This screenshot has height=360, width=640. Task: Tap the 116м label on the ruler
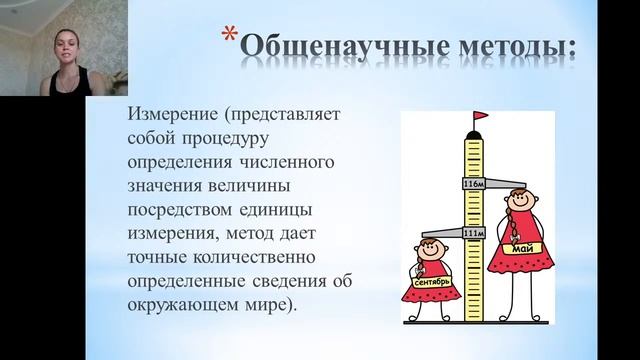(473, 185)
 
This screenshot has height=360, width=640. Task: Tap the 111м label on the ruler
(473, 232)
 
